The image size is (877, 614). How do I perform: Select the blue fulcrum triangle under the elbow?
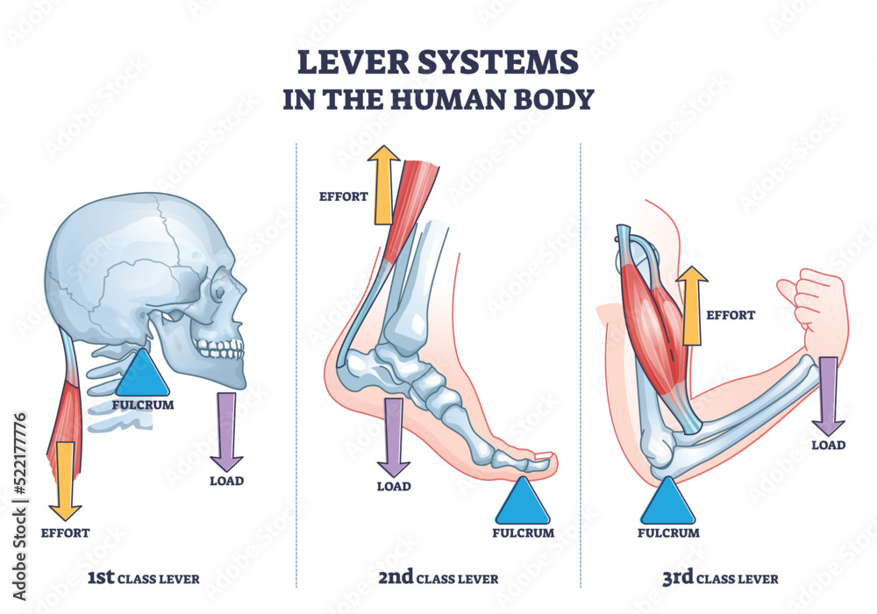pyautogui.click(x=667, y=503)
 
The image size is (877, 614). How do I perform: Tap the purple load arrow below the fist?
pyautogui.click(x=827, y=395)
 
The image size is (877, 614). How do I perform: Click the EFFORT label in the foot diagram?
pyautogui.click(x=342, y=196)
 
